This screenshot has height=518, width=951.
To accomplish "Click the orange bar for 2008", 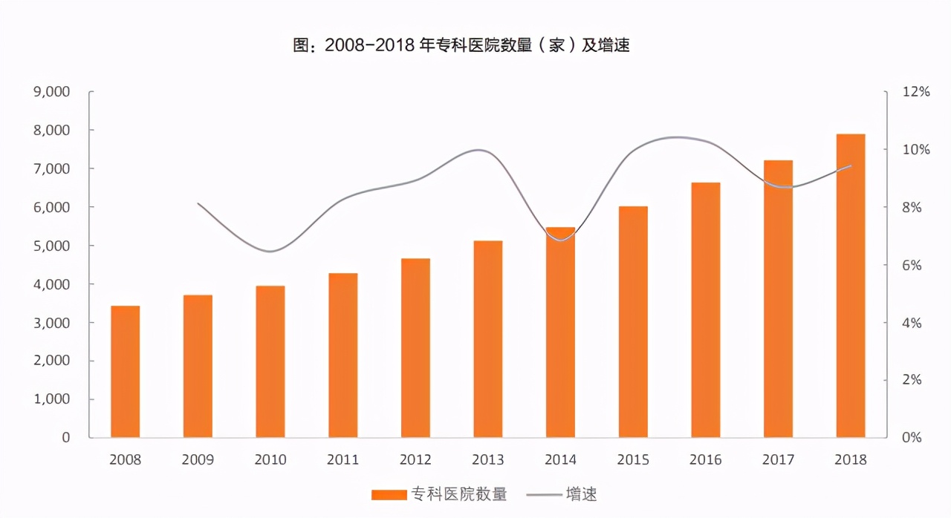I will point(125,371).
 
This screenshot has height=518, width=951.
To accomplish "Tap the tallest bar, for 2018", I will point(851,286).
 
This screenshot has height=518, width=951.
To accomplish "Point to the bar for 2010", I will point(270,361).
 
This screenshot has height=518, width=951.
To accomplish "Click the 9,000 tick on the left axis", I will point(52,92).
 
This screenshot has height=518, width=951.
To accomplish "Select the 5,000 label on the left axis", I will point(52,246).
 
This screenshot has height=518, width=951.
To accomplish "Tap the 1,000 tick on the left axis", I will point(52,399).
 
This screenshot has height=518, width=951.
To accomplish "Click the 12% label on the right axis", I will point(915,92).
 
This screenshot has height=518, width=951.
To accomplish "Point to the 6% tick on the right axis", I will point(915,265).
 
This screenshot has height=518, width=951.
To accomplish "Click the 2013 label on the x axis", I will point(488,460).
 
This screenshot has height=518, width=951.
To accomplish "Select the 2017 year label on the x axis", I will point(778,460).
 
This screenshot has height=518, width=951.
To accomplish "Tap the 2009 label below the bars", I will point(198,460).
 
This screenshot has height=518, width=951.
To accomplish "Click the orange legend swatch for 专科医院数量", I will point(388,494).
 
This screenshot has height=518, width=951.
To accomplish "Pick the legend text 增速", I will point(581,494).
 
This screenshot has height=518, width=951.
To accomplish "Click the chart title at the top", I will point(461,46).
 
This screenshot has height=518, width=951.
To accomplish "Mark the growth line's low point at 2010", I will point(270,252).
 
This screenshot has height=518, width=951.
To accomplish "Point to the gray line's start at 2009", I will point(198,203).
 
